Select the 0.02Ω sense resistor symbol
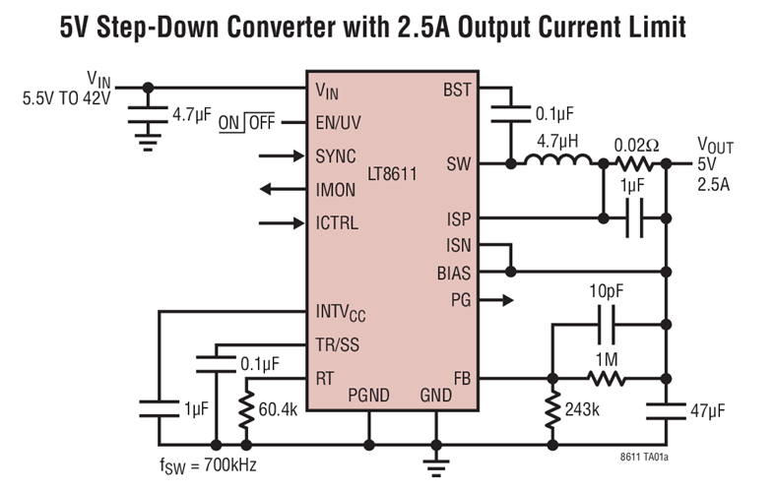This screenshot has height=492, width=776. click(636, 163)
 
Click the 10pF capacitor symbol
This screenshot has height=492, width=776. click(608, 322)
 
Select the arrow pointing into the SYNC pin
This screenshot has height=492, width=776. click(282, 155)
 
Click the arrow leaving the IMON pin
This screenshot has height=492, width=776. click(282, 189)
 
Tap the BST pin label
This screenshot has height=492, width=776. click(457, 91)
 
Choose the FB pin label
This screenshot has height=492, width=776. click(461, 378)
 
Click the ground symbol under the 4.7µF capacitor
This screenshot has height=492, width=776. click(148, 143)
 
